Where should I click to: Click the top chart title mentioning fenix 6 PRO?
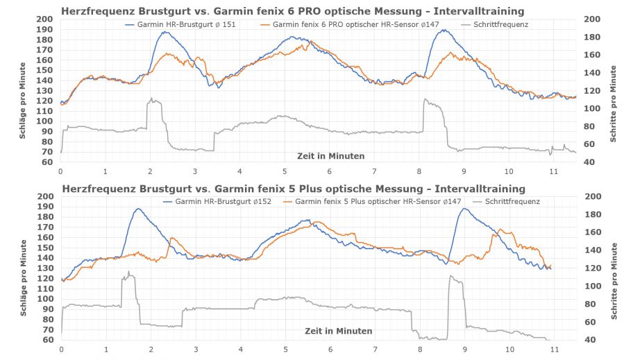292,11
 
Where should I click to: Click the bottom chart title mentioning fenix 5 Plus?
294,189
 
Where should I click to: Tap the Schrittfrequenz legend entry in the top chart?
496,24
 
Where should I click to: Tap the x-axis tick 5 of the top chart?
285,171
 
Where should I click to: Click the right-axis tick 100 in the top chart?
591,108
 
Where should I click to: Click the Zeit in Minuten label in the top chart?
330,156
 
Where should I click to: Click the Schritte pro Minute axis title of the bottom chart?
614,268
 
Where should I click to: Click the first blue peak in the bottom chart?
138,209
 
